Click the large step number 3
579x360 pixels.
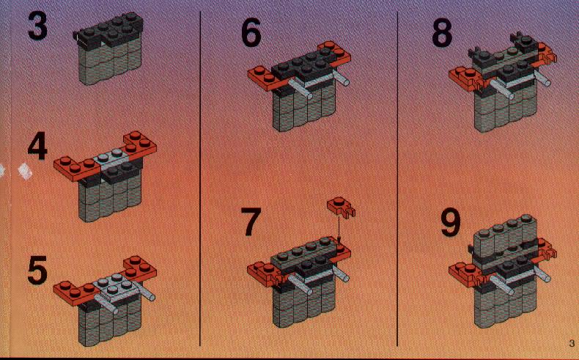click(37, 26)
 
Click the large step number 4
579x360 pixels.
click(37, 147)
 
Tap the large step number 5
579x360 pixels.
click(37, 270)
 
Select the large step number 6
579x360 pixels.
click(251, 34)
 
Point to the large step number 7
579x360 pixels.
click(251, 221)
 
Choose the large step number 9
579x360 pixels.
click(451, 223)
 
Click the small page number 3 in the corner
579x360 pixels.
click(572, 343)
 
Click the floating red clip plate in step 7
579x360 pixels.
click(341, 208)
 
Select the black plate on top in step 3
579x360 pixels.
click(109, 29)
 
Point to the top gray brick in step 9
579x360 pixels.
click(504, 235)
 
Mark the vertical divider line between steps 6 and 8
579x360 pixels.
click(397, 179)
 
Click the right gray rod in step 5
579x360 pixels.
click(146, 293)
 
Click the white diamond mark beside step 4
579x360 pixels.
click(25, 171)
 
